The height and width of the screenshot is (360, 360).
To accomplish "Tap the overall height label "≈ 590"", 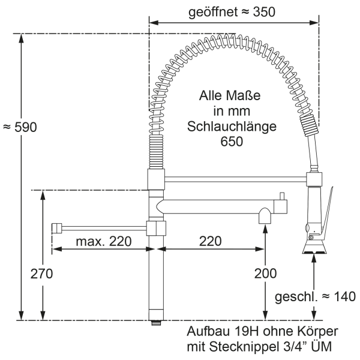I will pos(20,127).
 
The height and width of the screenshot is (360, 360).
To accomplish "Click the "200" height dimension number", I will pos(265,274).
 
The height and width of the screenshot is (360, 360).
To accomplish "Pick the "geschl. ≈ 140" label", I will pos(315,296).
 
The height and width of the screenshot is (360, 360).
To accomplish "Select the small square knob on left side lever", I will pos(56,228).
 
